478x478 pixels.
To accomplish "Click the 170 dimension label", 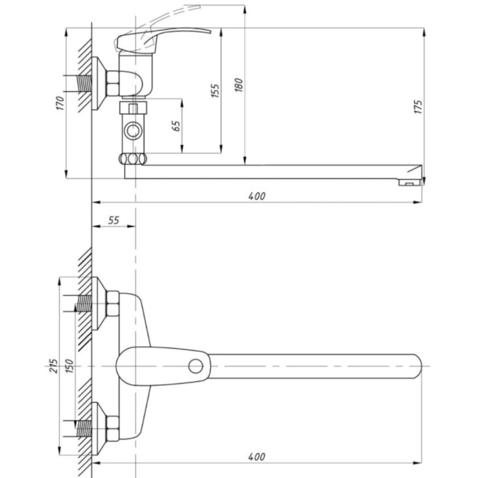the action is [60, 103].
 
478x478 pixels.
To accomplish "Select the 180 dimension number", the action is [239, 85].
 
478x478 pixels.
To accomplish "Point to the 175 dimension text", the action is [418, 107].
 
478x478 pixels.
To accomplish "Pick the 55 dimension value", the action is [114, 220].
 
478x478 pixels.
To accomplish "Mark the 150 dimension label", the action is [69, 366].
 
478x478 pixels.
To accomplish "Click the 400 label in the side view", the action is [257, 196].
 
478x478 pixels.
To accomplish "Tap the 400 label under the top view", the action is [257, 457].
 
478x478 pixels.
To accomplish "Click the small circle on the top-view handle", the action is [196, 366].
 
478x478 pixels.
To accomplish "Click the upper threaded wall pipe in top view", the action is [84, 304].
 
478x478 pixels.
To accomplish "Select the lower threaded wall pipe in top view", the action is [84, 429].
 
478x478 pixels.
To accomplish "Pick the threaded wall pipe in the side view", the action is [85, 84].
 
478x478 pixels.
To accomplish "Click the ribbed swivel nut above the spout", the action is [133, 159].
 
